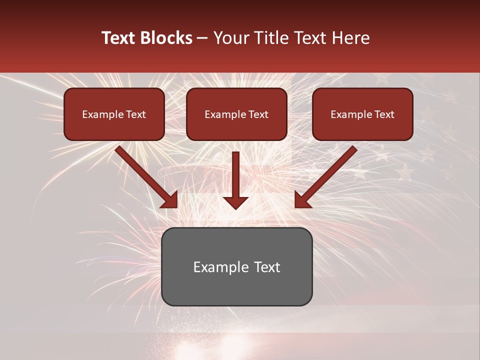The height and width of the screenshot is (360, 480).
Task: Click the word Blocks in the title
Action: [x=167, y=38]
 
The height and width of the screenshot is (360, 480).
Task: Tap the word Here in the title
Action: [x=351, y=38]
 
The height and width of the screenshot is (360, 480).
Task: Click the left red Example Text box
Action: [x=114, y=114]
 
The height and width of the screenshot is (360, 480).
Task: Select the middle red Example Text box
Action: [x=236, y=114]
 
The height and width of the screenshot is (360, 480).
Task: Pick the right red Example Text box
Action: [x=362, y=114]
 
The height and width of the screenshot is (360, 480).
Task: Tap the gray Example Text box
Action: [x=236, y=266]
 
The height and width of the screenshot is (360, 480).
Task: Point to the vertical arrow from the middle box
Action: [x=235, y=175]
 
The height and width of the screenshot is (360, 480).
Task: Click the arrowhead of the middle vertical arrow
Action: [x=235, y=202]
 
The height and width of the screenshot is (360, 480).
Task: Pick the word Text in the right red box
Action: [x=384, y=114]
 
